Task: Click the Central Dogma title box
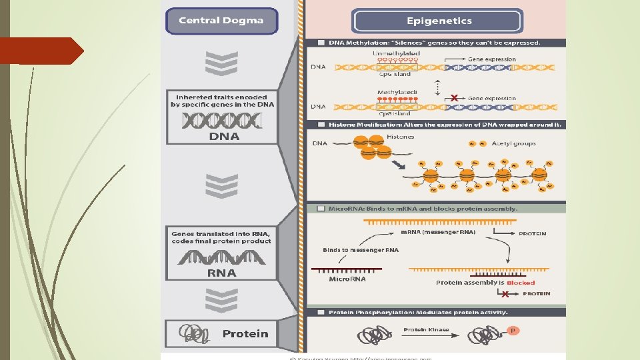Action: [x=221, y=21]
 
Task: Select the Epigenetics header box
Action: [x=437, y=21]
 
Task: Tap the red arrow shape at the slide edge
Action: [x=40, y=51]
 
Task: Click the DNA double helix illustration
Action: [x=223, y=121]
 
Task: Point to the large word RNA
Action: [x=222, y=273]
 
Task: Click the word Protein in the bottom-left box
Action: [x=245, y=333]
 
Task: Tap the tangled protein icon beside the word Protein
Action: [x=195, y=333]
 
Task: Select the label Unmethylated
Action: [x=397, y=53]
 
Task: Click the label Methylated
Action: [x=397, y=93]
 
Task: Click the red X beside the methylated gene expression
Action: [x=454, y=99]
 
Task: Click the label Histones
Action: [x=400, y=137]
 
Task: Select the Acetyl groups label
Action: [x=513, y=143]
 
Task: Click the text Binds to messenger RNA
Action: [x=360, y=250]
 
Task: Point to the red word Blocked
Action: [x=521, y=283]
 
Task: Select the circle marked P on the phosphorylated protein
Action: [x=513, y=331]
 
